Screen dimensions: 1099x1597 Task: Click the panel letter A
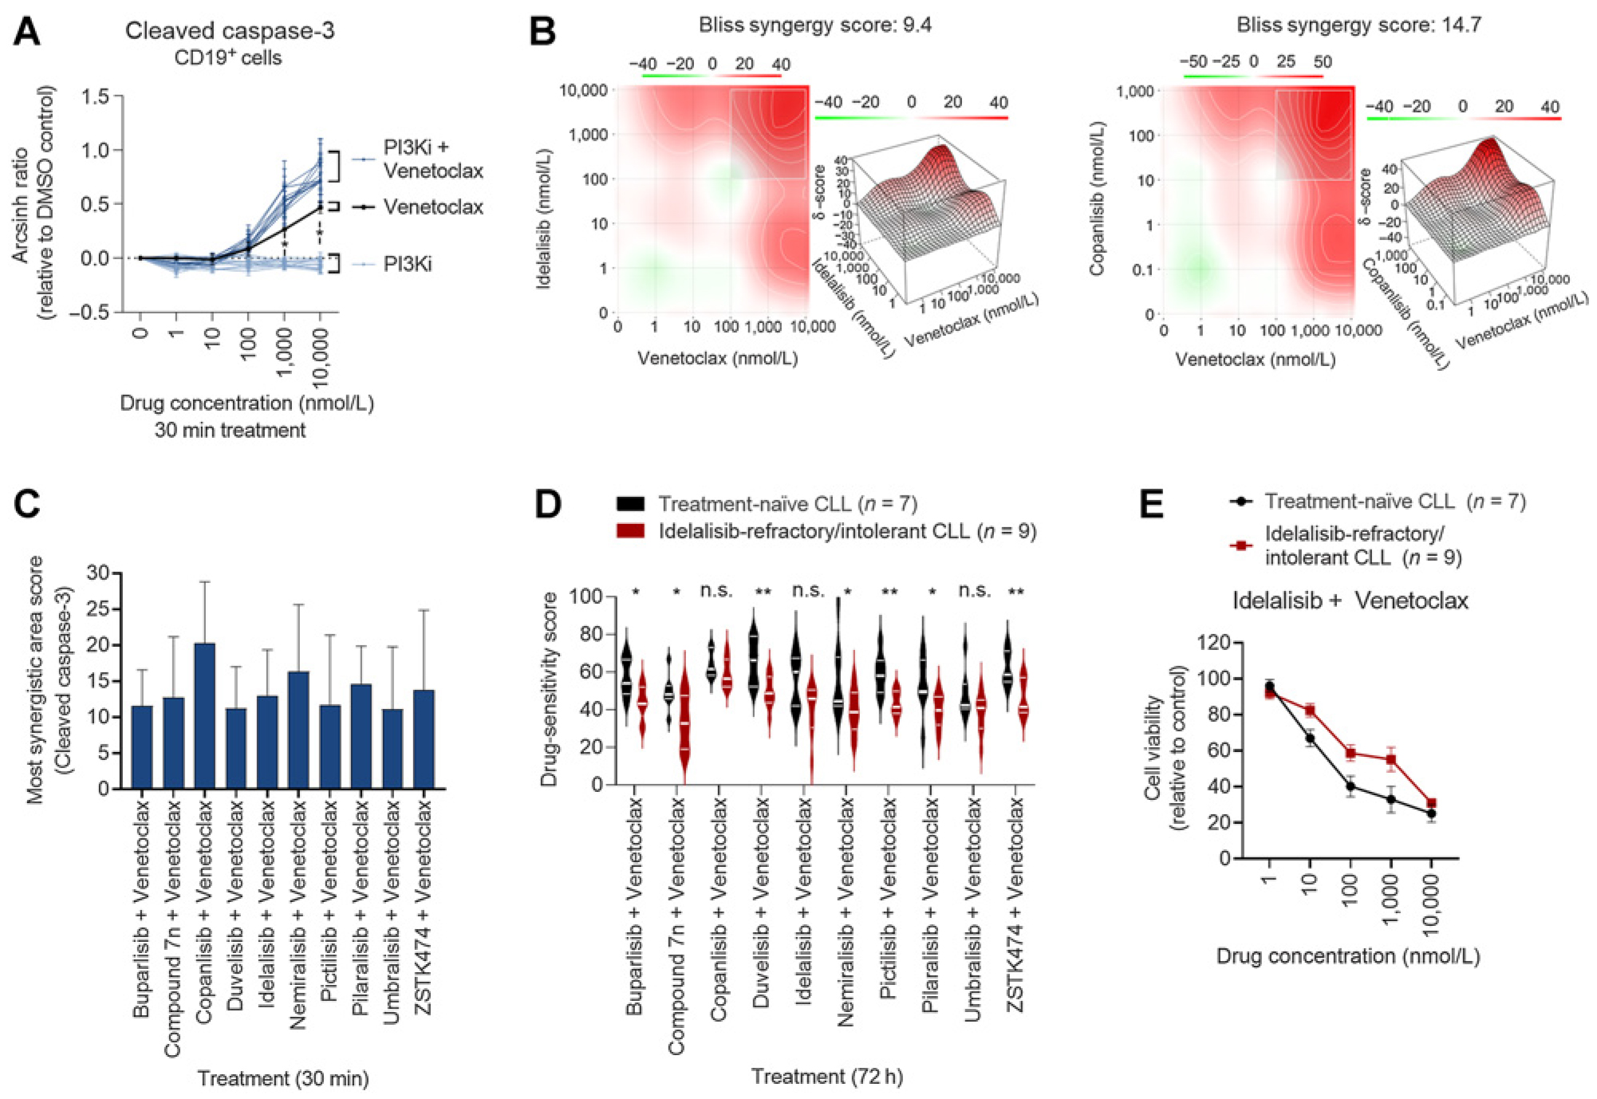[x=26, y=33]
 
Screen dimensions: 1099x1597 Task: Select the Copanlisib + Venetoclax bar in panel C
[x=205, y=715]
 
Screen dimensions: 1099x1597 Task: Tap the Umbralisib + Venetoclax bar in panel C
[x=392, y=748]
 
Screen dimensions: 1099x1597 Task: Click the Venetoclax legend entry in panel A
[x=432, y=207]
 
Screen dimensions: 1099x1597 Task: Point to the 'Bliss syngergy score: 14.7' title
[x=1358, y=25]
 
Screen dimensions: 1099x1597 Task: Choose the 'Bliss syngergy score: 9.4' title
[x=814, y=25]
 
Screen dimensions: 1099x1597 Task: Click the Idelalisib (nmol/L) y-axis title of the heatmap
[x=545, y=218]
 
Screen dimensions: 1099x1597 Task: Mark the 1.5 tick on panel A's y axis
[x=96, y=97]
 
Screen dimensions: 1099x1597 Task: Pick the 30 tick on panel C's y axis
[x=99, y=573]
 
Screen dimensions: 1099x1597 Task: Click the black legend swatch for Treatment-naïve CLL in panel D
[x=630, y=504]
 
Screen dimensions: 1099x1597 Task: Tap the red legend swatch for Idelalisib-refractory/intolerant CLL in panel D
[x=630, y=531]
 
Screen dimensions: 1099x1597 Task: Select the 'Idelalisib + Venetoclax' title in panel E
[x=1350, y=601]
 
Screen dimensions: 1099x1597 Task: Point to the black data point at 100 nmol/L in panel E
[x=1351, y=786]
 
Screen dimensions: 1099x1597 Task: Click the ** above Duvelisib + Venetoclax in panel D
[x=763, y=592]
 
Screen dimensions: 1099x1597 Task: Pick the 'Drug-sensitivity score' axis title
[x=549, y=689]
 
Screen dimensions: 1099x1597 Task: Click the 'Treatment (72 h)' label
[x=826, y=1077]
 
